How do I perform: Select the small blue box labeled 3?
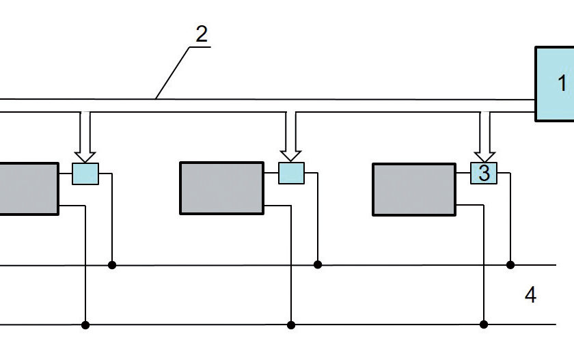pos(484,174)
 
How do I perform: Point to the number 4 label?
pos(530,295)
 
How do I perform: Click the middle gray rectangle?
pos(221,188)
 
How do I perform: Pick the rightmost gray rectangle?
pos(413,189)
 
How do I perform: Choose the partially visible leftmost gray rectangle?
pos(27,189)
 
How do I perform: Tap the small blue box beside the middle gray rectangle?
pos(291,174)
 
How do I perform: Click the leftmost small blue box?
pos(85,174)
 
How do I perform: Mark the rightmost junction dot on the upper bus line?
pos(510,264)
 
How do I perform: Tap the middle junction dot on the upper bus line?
pos(318,264)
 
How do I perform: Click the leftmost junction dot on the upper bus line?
pos(112,264)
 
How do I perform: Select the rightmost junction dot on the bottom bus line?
pos(484,324)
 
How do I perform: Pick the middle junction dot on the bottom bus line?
pos(291,324)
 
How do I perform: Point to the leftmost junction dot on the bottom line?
pos(85,324)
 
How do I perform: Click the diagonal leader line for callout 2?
pos(172,72)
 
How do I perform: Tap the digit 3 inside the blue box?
pos(484,174)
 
